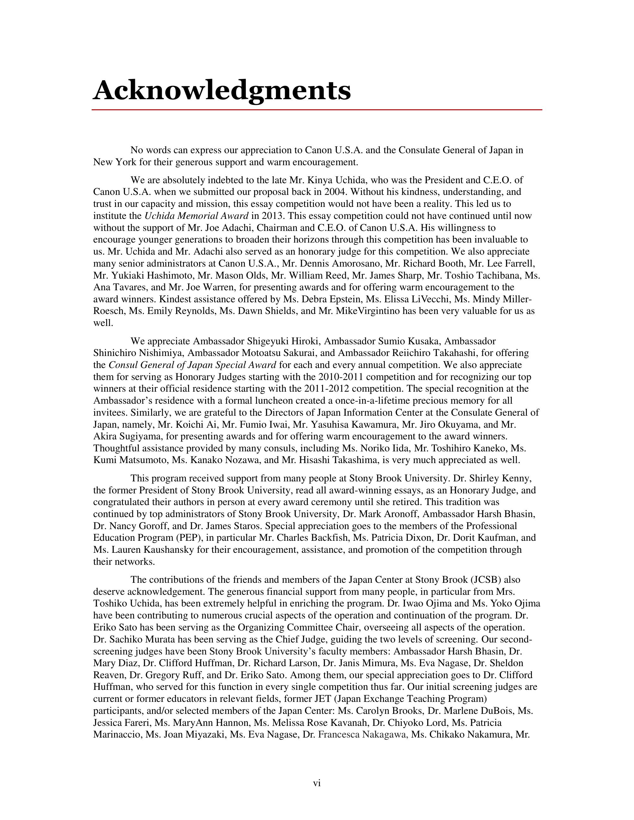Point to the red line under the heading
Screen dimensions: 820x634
[317, 110]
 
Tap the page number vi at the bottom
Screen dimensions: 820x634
[317, 783]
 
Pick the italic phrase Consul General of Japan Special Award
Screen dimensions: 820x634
[192, 365]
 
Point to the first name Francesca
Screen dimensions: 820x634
[338, 735]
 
